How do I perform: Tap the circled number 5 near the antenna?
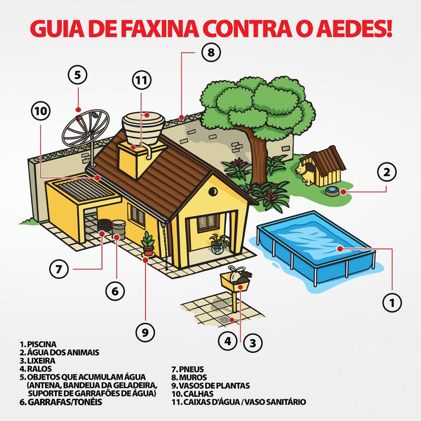pyautogui.click(x=77, y=75)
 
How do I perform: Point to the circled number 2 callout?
pyautogui.click(x=387, y=172)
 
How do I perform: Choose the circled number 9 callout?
pyautogui.click(x=146, y=332)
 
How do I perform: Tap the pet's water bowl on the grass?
pyautogui.click(x=333, y=191)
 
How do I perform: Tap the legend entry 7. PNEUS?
pyautogui.click(x=189, y=369)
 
